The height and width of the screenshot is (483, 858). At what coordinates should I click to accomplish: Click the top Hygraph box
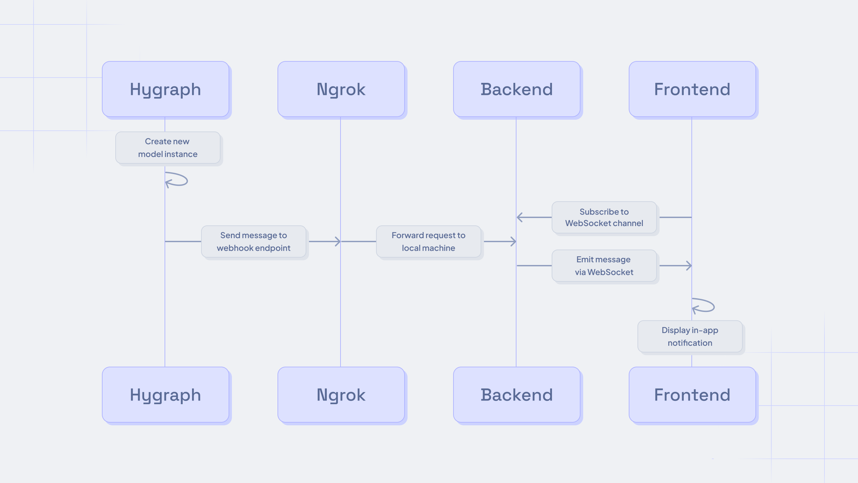166,89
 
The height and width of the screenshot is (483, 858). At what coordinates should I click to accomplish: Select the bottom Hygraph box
166,395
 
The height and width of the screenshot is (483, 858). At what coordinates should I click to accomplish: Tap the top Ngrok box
341,89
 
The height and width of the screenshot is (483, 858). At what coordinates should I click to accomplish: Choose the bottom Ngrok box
341,395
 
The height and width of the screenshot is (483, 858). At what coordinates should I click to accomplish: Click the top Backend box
516,89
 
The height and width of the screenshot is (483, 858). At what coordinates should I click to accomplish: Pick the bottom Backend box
516,395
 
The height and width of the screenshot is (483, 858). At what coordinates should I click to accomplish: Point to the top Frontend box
692,89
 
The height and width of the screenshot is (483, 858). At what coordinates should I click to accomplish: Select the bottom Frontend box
692,395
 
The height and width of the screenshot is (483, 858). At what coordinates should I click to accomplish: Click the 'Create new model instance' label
168,148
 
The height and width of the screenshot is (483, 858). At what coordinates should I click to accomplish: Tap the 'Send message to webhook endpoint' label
253,241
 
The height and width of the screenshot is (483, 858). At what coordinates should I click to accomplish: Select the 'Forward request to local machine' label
428,241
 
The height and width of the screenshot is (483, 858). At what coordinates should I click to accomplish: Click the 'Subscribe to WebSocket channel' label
604,217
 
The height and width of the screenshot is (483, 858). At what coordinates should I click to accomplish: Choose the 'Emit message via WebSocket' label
604,266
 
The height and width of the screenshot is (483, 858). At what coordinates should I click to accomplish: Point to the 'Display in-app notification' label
690,336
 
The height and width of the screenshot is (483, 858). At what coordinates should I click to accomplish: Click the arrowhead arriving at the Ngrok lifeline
338,241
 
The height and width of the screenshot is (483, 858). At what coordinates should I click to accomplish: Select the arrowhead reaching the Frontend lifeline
689,266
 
